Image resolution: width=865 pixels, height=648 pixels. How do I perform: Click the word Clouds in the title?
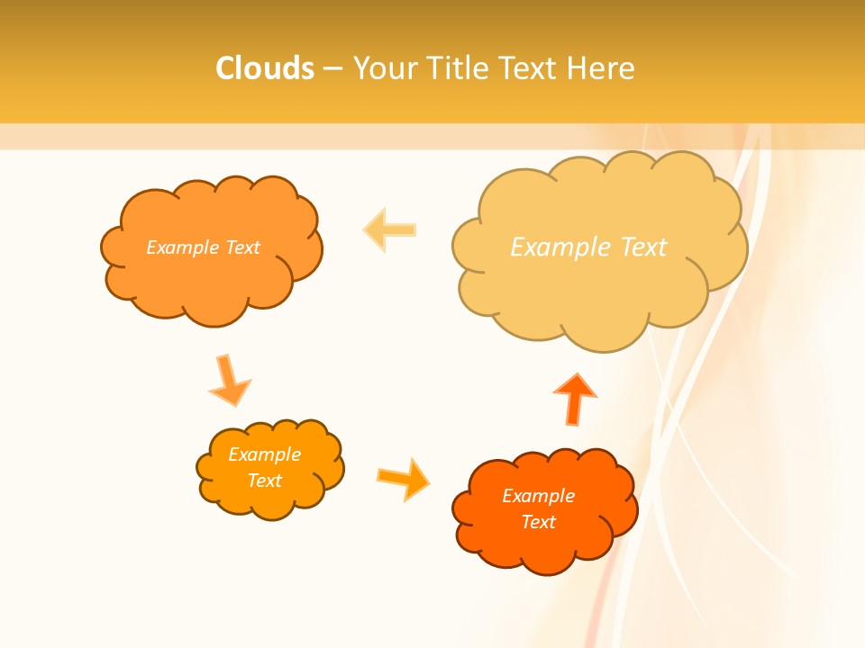tap(265, 68)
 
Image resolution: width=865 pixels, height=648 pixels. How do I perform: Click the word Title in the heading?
tap(456, 68)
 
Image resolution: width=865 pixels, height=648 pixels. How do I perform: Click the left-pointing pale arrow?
tap(390, 229)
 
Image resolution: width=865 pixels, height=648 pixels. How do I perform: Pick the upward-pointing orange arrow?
tap(575, 398)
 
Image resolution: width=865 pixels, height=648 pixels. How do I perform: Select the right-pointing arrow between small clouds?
tap(403, 478)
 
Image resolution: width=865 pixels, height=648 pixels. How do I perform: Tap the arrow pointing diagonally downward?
tap(229, 380)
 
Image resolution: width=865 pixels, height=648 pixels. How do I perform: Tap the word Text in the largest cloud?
tap(644, 247)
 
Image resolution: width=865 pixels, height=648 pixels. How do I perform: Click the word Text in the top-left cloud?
tap(243, 247)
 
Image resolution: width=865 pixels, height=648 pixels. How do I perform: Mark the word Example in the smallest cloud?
tap(265, 454)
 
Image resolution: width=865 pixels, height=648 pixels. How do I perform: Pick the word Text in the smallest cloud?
tap(265, 481)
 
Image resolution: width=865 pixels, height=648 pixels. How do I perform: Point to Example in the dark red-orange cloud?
tap(539, 496)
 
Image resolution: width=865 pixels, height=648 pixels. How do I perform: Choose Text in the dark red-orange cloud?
tap(539, 522)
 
